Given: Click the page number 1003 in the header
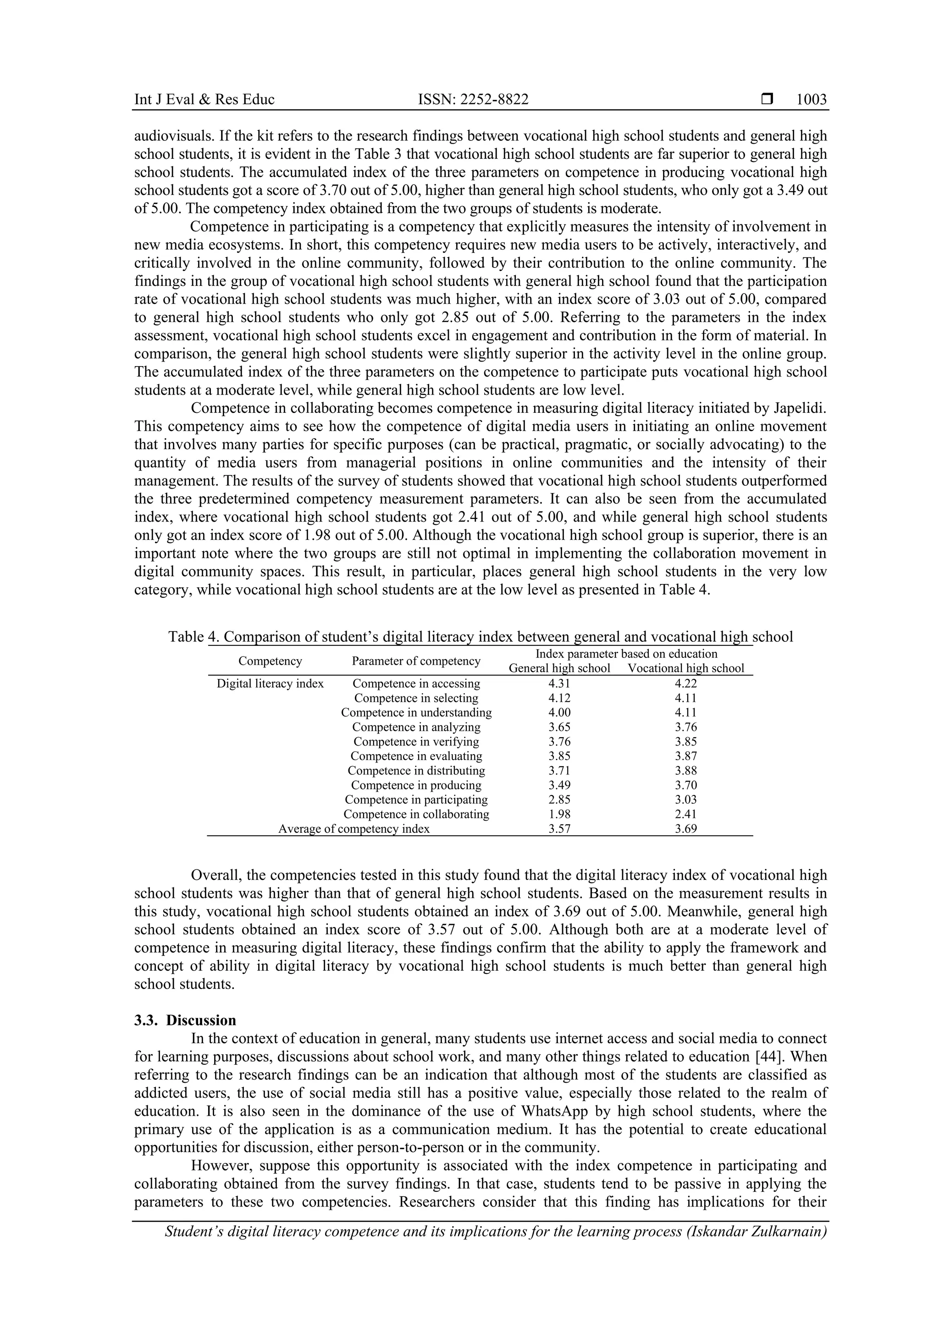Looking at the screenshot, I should click(811, 100).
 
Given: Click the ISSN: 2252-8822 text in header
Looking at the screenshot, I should click(473, 100).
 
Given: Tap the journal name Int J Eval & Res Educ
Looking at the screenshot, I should click(204, 100).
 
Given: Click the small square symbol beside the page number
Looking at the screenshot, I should click(767, 100).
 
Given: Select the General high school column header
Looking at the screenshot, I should click(559, 668).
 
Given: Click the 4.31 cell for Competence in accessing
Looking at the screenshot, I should click(559, 684).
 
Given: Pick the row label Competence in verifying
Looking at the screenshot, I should click(416, 741).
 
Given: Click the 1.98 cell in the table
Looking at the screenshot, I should click(559, 814).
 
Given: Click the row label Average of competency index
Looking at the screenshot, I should click(354, 829).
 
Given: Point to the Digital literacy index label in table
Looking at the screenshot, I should click(270, 684).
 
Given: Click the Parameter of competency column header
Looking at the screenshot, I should click(416, 661).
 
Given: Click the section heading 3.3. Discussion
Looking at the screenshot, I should click(185, 1020).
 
